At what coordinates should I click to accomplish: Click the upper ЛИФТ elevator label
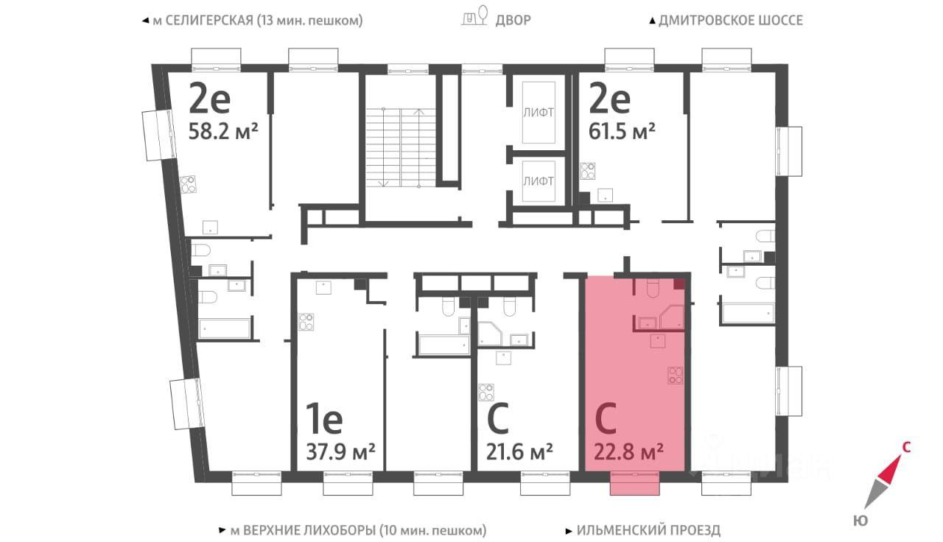pyautogui.click(x=538, y=113)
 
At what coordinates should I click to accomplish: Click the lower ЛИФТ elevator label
pyautogui.click(x=538, y=180)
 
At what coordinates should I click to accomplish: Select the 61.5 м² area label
pyautogui.click(x=623, y=132)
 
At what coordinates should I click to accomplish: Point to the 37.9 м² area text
pyautogui.click(x=340, y=449)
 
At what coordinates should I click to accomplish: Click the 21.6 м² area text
pyautogui.click(x=520, y=449)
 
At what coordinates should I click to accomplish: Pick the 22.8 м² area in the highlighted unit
pyautogui.click(x=626, y=449)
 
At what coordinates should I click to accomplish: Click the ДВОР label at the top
pyautogui.click(x=512, y=20)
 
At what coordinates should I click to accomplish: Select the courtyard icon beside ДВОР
pyautogui.click(x=475, y=18)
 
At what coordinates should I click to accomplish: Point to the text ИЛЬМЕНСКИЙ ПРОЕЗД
pyautogui.click(x=648, y=529)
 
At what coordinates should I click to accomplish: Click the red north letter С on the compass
pyautogui.click(x=907, y=445)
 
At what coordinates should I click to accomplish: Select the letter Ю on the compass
pyautogui.click(x=860, y=521)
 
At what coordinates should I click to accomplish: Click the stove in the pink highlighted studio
pyautogui.click(x=675, y=375)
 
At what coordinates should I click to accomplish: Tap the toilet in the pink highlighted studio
pyautogui.click(x=651, y=289)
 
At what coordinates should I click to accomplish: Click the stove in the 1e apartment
pyautogui.click(x=306, y=322)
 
